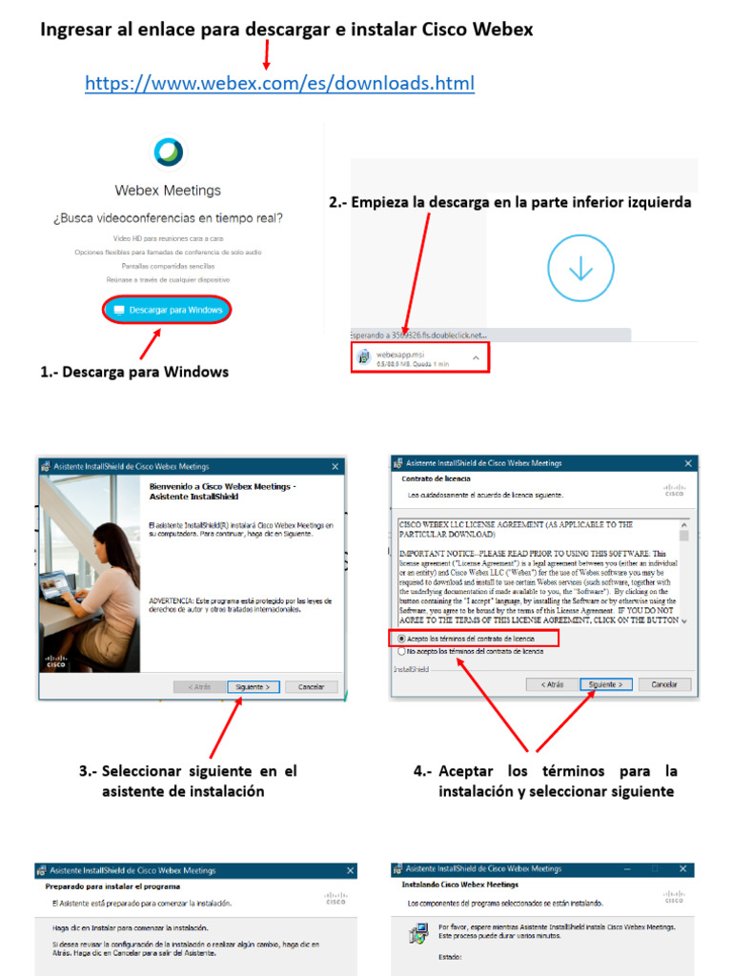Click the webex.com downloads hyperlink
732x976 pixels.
(279, 84)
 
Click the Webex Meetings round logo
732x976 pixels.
(169, 152)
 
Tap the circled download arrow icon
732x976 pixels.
(580, 269)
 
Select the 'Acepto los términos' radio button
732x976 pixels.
(402, 638)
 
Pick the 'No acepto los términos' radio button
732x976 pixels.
(402, 651)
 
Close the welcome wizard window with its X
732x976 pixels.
(335, 466)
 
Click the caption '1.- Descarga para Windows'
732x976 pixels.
(134, 372)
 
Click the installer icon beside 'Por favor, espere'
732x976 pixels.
(417, 935)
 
